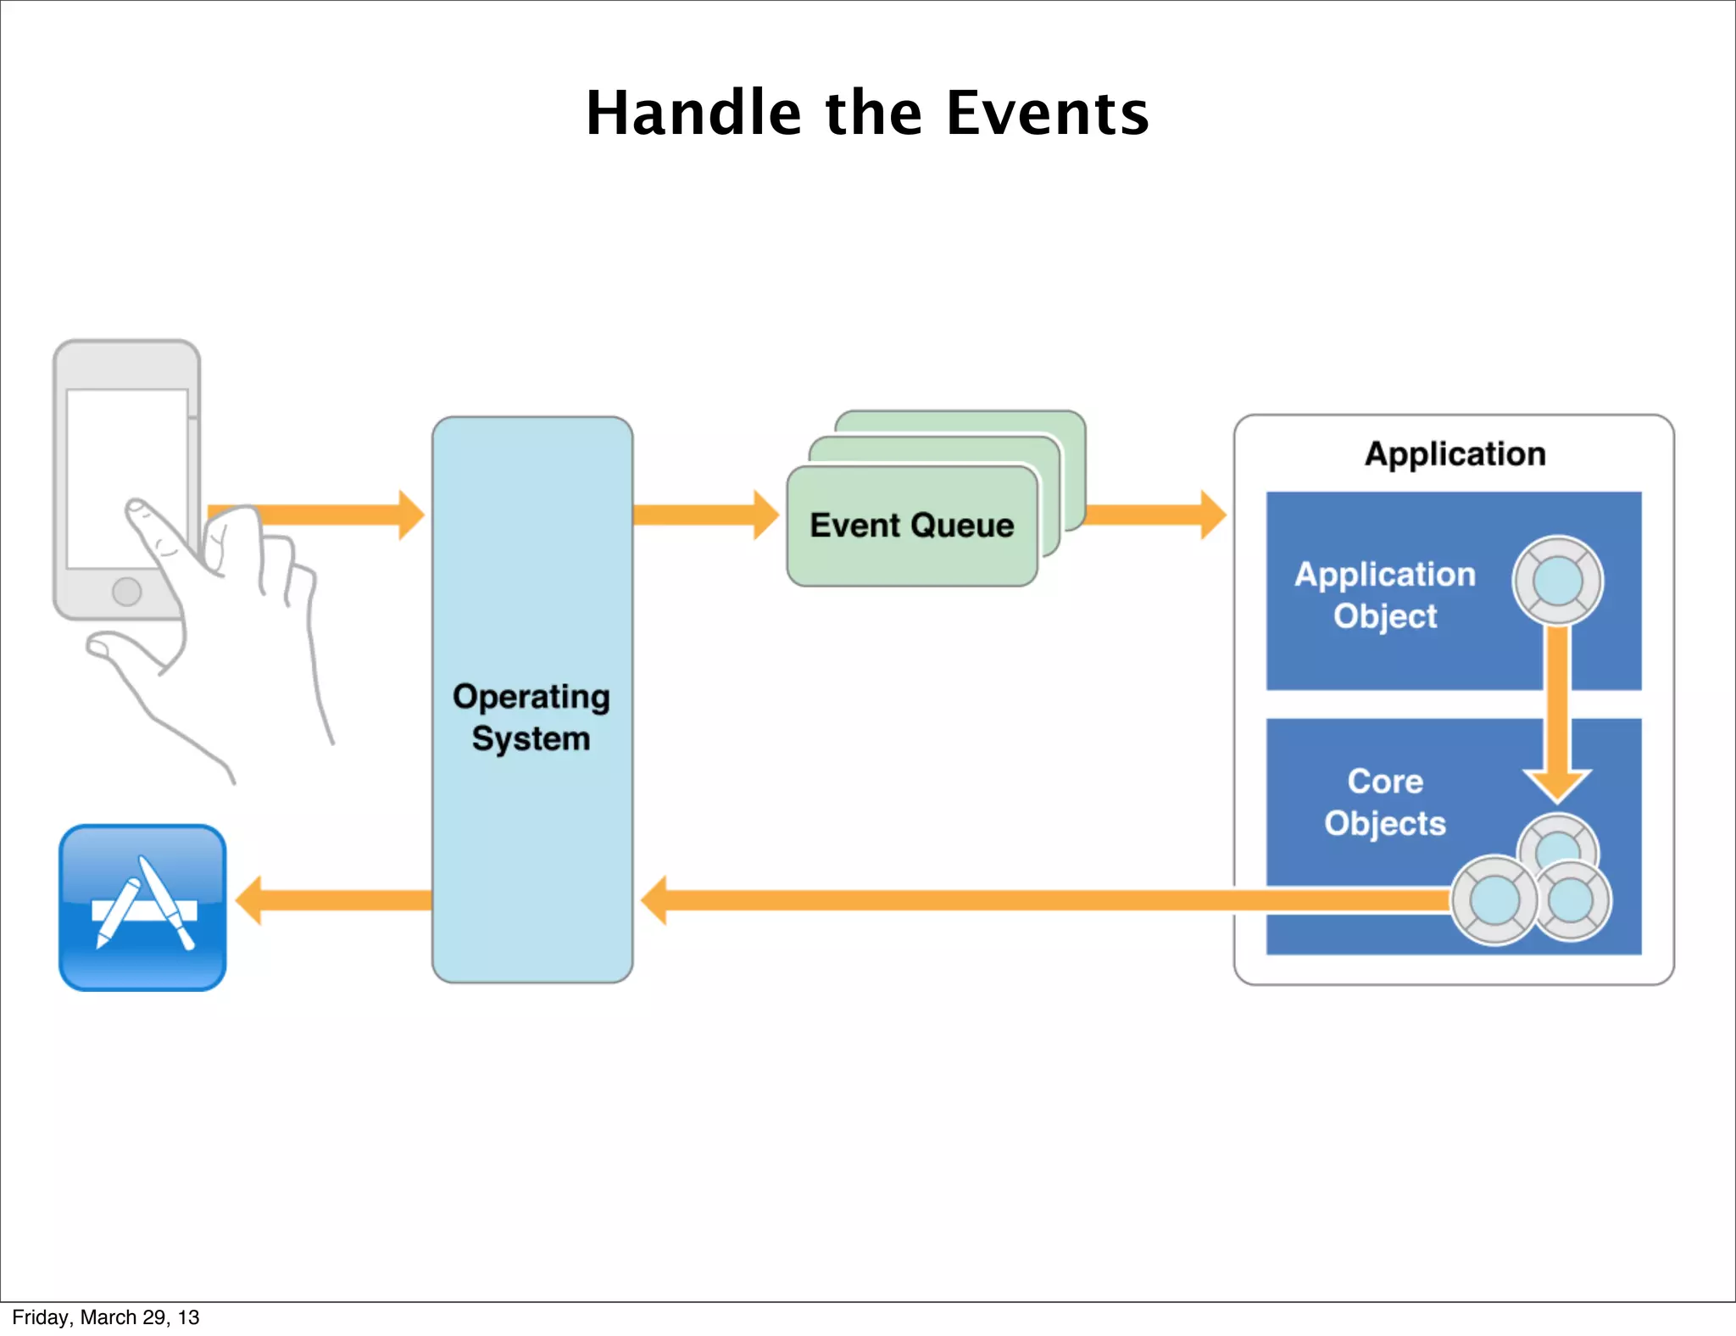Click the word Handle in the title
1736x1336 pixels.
tap(693, 113)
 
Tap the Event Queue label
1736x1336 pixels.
tap(911, 526)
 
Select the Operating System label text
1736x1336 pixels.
tap(531, 717)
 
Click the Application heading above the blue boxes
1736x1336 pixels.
tap(1455, 454)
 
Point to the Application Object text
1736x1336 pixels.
tap(1385, 595)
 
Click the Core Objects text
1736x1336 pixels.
tap(1385, 802)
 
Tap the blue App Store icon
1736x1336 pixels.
tap(142, 907)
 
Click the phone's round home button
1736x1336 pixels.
tap(127, 591)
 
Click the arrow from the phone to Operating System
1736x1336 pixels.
tap(339, 515)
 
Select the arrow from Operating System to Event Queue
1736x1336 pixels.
tap(704, 515)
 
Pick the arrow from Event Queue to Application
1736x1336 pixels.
tap(1153, 515)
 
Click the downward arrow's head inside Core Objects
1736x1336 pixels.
tap(1557, 784)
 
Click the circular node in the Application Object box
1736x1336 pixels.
tap(1558, 582)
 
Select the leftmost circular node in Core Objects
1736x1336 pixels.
tap(1494, 900)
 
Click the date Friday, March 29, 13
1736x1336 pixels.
tap(106, 1317)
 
